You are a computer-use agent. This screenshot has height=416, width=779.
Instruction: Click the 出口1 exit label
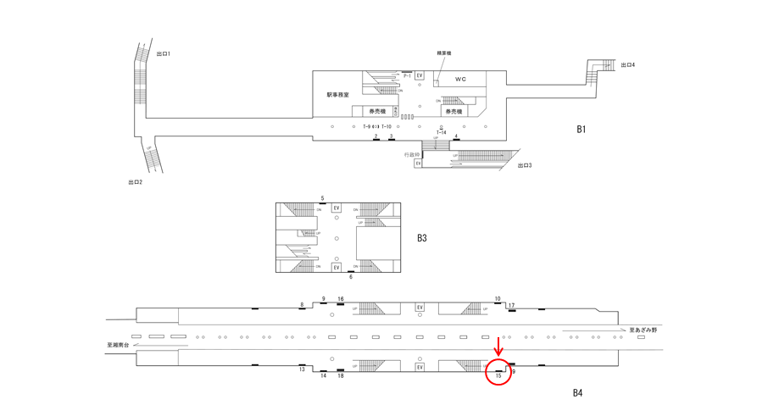coord(164,53)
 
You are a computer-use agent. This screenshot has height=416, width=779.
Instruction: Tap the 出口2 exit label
coord(135,182)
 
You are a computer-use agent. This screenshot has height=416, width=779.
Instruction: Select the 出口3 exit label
coord(525,165)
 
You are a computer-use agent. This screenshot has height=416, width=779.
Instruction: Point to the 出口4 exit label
coord(628,64)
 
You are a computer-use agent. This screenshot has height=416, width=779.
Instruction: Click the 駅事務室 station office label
coord(338,95)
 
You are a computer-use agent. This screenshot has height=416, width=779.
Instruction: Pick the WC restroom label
coord(460,80)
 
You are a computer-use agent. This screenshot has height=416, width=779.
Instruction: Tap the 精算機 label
coord(443,53)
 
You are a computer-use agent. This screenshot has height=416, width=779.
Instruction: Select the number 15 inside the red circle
coord(498,375)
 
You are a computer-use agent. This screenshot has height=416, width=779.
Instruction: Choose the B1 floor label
coord(581,130)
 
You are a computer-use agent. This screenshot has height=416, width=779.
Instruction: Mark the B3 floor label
coord(421,238)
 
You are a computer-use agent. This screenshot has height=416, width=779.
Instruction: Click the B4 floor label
coord(577,392)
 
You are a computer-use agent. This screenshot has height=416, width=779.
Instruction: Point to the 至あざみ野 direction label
coord(642,330)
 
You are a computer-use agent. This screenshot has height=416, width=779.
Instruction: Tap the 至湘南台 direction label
coord(119,345)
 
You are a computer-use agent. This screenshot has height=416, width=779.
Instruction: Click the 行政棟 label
coord(413,154)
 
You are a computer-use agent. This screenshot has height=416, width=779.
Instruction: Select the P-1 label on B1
coord(407,76)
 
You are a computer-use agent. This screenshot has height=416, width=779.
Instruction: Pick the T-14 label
coord(442,133)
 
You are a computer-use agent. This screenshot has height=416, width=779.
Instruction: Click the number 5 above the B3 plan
coord(322,198)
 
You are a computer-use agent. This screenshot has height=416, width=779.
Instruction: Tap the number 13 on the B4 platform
coord(302,369)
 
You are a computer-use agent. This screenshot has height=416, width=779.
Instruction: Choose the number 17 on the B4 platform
coord(511,305)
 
